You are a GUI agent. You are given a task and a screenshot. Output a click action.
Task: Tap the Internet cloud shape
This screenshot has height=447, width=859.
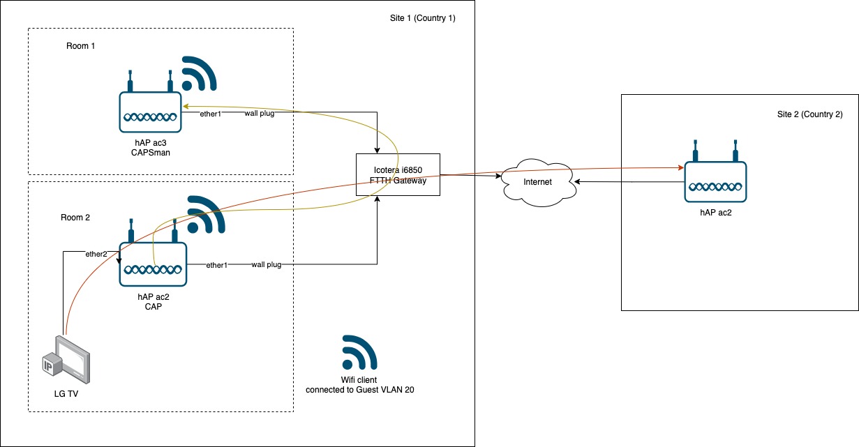click(x=537, y=182)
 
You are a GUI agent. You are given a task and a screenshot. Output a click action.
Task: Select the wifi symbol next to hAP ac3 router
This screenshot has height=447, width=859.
click(x=199, y=73)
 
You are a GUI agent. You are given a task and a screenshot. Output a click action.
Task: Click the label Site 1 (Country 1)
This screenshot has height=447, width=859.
click(x=422, y=18)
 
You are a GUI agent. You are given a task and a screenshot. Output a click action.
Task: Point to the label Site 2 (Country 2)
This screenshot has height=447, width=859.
click(x=809, y=114)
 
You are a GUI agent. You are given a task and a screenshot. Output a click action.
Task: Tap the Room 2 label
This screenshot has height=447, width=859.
click(x=75, y=218)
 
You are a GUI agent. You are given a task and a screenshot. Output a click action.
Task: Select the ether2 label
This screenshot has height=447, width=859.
click(x=96, y=254)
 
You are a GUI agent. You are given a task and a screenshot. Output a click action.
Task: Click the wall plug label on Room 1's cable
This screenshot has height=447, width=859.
click(x=259, y=114)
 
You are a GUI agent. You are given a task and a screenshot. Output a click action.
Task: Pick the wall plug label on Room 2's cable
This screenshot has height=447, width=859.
click(x=266, y=265)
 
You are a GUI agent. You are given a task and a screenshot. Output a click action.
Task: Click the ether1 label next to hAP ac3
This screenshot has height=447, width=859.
click(x=210, y=114)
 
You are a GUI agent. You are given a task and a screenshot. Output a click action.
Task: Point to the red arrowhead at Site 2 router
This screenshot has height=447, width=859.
click(x=679, y=168)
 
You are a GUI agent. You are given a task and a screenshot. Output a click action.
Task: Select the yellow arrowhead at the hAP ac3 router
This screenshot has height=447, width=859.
click(x=186, y=107)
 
